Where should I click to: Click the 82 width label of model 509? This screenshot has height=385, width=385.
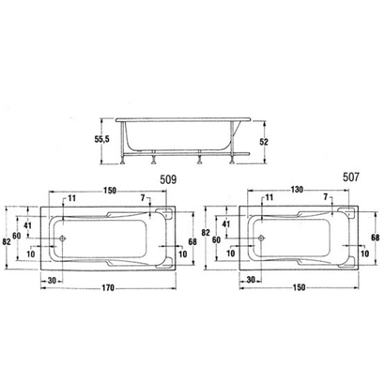(x=8, y=241)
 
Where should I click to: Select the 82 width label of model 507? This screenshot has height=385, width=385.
(x=205, y=231)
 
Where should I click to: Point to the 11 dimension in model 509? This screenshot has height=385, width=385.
(x=72, y=198)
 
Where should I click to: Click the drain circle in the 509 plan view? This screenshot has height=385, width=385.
(x=64, y=239)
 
